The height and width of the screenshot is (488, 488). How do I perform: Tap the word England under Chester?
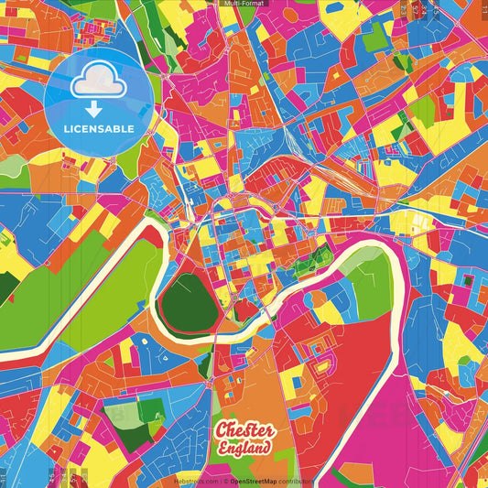tap(244, 449)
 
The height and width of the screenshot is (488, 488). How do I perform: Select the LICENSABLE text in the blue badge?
tap(100, 127)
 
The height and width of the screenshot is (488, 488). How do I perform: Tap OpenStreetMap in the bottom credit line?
tap(258, 480)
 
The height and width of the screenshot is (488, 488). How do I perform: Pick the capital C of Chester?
tap(222, 431)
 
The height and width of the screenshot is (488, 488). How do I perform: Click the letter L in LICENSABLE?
tap(67, 127)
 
